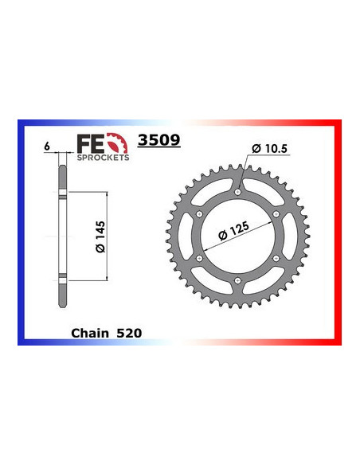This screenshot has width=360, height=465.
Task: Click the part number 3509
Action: tap(159, 141)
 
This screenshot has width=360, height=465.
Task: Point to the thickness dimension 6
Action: tap(49, 147)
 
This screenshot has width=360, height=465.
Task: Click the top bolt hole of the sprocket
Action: tap(237, 192)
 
